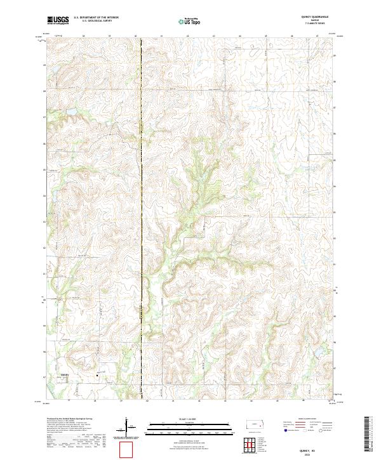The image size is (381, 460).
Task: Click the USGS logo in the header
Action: tap(58, 21)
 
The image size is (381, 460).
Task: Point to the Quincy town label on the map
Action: tap(63, 375)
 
